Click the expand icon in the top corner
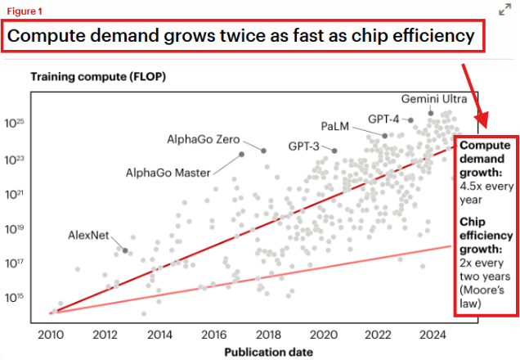coord(505,10)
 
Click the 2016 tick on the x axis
coord(213,334)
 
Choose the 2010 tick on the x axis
coord(52,334)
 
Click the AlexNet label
coord(88,236)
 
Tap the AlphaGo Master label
coord(168,173)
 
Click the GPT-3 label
coord(304,146)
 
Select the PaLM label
coord(336,127)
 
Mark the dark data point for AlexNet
coord(125,250)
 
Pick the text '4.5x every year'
coord(482,192)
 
